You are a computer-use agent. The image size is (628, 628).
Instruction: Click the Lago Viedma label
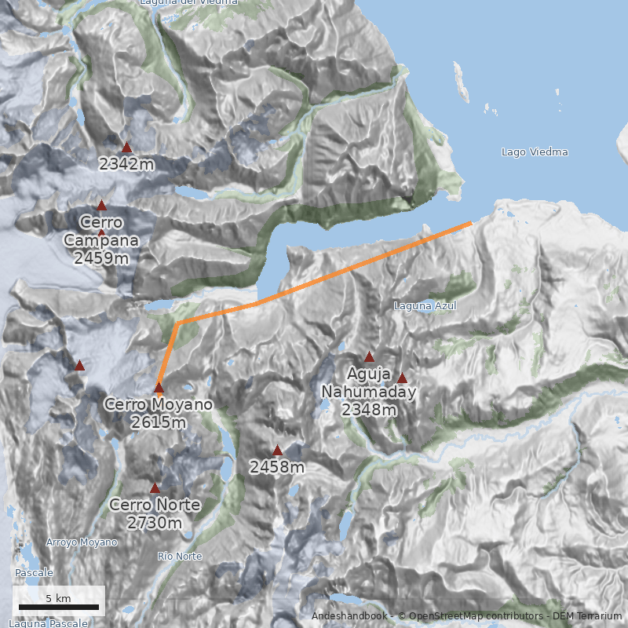535,152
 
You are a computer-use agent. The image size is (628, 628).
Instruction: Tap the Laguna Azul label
425,305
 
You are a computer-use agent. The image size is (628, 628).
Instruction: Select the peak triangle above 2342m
126,147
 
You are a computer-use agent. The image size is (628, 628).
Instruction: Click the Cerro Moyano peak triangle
159,387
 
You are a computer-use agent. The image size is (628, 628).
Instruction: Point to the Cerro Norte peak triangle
155,487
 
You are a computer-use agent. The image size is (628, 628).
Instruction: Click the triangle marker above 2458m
277,450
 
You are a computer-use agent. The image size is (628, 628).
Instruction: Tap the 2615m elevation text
159,422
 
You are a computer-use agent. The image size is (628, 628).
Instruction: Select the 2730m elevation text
155,523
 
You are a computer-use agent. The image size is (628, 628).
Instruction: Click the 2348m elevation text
369,409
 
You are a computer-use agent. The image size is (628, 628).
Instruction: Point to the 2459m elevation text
101,257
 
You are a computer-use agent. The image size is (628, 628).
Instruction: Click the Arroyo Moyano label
82,542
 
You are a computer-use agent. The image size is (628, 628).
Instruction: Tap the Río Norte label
180,557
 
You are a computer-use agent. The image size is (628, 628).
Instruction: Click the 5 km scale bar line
59,607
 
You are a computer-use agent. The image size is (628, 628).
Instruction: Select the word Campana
101,240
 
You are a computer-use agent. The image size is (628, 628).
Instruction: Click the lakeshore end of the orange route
470,224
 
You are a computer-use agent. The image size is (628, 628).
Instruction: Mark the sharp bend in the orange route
178,322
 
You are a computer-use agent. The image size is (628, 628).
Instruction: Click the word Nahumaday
368,392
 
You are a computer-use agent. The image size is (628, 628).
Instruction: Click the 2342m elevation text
126,165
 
